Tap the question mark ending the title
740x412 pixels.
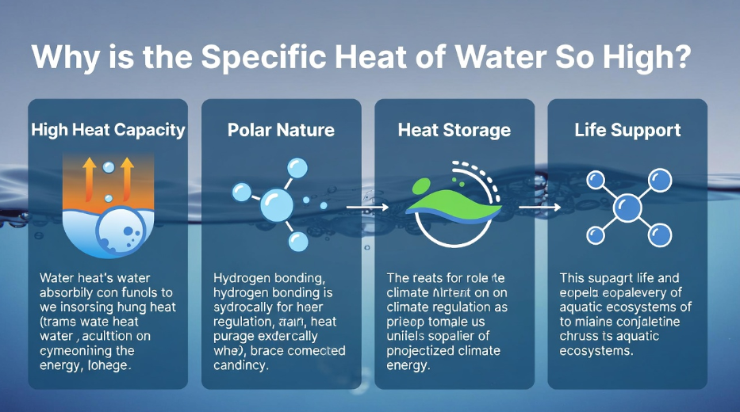[680, 58]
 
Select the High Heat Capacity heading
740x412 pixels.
[108, 129]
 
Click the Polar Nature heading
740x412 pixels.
[281, 129]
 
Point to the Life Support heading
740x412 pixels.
[627, 129]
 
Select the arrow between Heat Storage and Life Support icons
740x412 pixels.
[540, 208]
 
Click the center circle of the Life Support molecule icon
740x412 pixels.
[628, 208]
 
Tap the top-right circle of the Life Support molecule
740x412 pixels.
[658, 180]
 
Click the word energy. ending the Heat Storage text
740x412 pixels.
[408, 366]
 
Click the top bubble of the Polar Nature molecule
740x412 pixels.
[297, 167]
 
